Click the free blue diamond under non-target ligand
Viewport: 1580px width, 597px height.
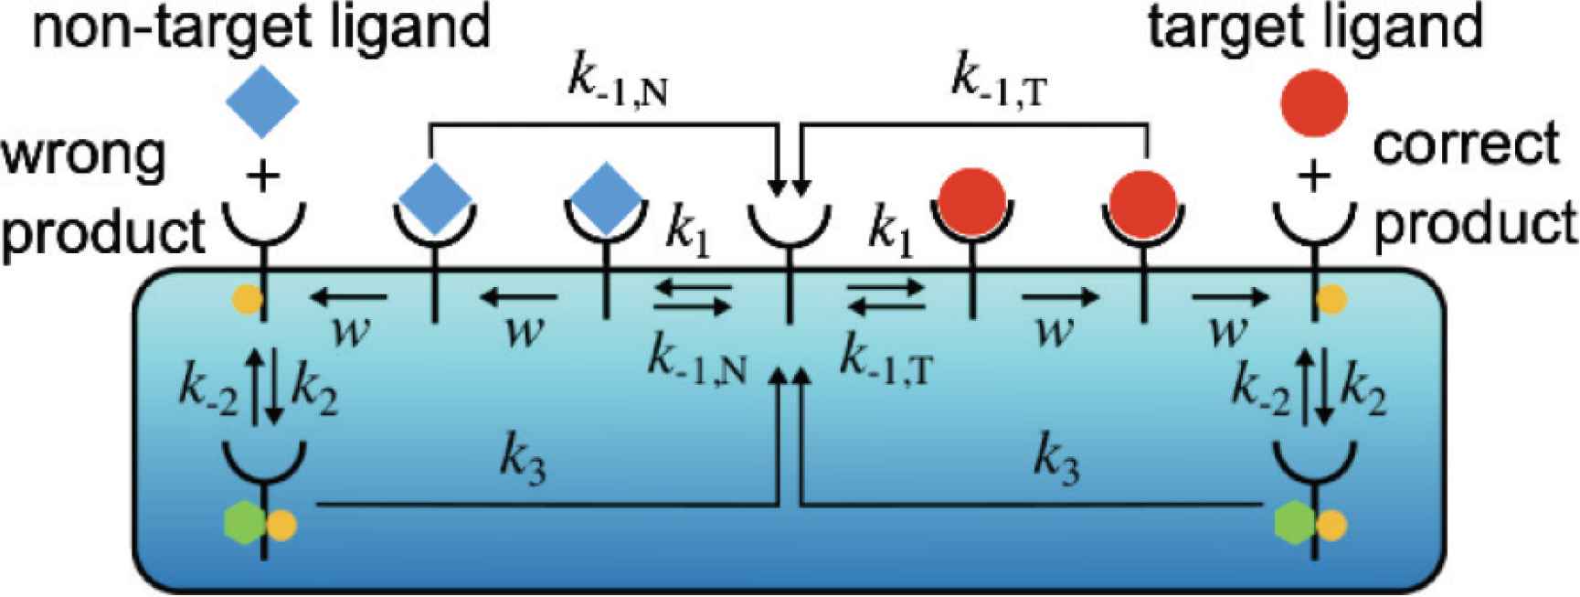pos(262,101)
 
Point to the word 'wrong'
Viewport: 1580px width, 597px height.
pos(84,157)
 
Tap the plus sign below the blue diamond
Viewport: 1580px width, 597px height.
pos(263,176)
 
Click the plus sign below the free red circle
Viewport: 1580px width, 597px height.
pos(1314,176)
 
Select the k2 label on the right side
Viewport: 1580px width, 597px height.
pos(1363,392)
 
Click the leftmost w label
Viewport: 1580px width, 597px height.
pos(350,332)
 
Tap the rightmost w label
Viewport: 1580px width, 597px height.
pos(1227,332)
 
